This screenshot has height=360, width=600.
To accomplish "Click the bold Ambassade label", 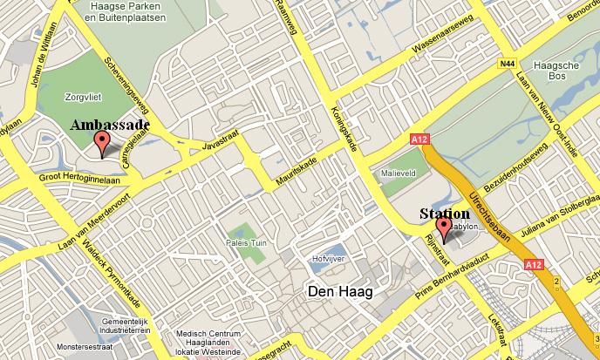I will click(110, 126).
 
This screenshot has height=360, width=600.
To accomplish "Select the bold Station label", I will click(445, 214).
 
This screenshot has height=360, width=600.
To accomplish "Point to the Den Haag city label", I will click(339, 291).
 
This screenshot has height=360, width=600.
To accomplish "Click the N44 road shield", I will click(508, 64).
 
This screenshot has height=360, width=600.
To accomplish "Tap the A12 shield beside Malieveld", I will click(419, 139).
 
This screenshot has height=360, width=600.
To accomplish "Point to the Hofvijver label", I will click(328, 259).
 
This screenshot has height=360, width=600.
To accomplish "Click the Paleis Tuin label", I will click(246, 242).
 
